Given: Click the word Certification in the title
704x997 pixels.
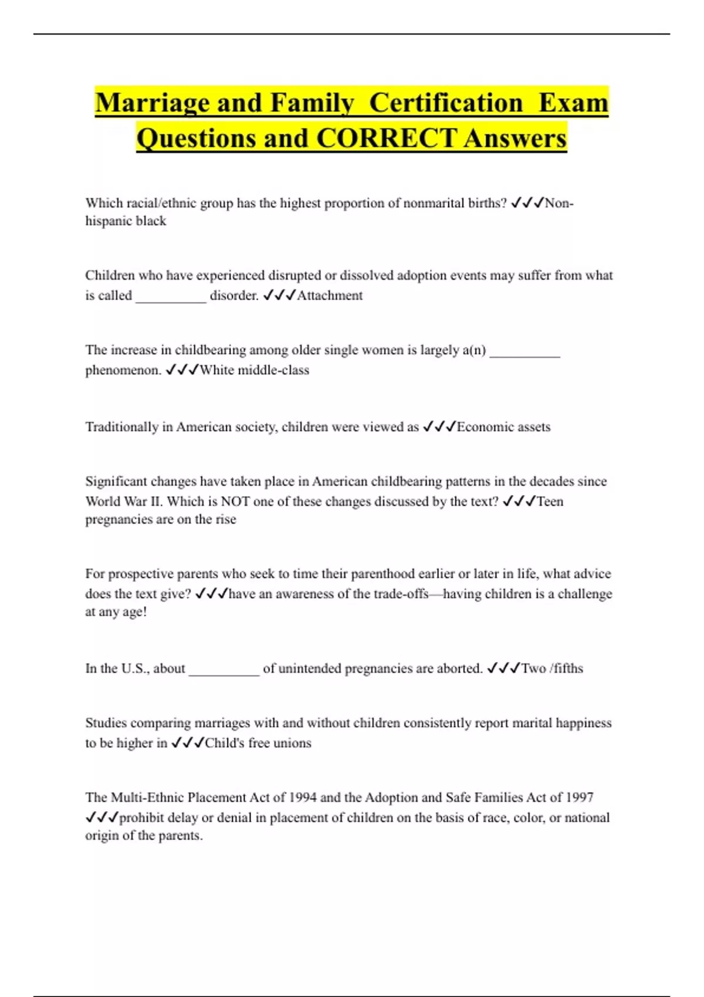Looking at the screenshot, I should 446,103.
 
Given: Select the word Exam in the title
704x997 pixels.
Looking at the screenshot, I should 573,103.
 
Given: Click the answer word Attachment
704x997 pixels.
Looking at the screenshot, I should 330,296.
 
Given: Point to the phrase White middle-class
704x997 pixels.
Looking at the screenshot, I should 254,370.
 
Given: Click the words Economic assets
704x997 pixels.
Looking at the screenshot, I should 503,427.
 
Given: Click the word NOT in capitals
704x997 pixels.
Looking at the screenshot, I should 235,501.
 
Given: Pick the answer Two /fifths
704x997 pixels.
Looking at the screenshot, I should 552,669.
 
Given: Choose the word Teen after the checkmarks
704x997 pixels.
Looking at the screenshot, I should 550,501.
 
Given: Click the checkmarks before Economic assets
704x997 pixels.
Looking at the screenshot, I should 439,427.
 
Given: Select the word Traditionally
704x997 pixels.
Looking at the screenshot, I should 121,427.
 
